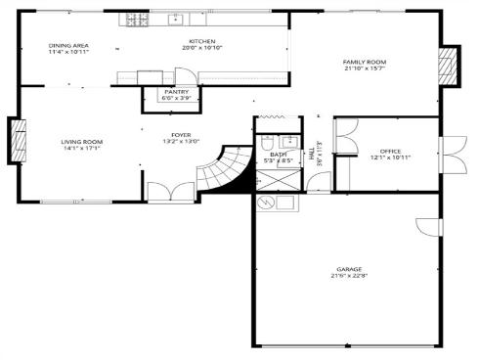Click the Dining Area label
pos(68,45)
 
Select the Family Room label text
pos(364,63)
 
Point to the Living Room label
pos(82,142)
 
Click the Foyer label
pos(181,135)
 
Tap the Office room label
pos(390,151)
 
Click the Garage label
pos(349,268)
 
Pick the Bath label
pos(279,154)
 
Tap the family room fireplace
pos(448,65)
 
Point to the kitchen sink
pos(177,19)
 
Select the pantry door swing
pos(181,75)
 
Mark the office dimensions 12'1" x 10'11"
pos(390,157)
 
